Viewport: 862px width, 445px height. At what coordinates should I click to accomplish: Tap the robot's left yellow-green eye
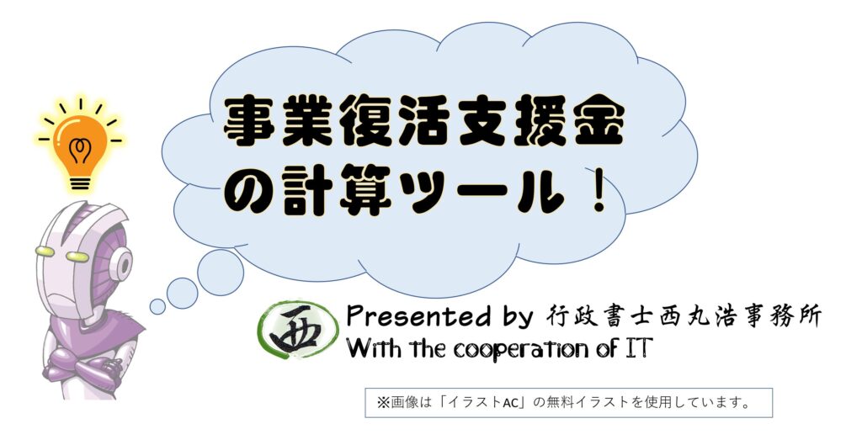pos(45,251)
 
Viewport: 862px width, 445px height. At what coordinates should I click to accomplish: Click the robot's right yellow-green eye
pos(77,257)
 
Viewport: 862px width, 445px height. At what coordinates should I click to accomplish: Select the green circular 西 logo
pos(297,330)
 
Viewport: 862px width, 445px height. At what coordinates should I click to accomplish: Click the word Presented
pos(411,317)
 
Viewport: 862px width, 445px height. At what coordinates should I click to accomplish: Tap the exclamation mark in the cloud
pos(599,190)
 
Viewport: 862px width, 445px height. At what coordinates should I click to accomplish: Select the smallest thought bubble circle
pos(157,306)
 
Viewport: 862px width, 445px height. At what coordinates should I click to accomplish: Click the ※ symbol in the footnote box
pos(383,403)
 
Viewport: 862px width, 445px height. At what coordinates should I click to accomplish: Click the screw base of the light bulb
pos(80,182)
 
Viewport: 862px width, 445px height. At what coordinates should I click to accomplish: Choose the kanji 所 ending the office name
pos(809,317)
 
